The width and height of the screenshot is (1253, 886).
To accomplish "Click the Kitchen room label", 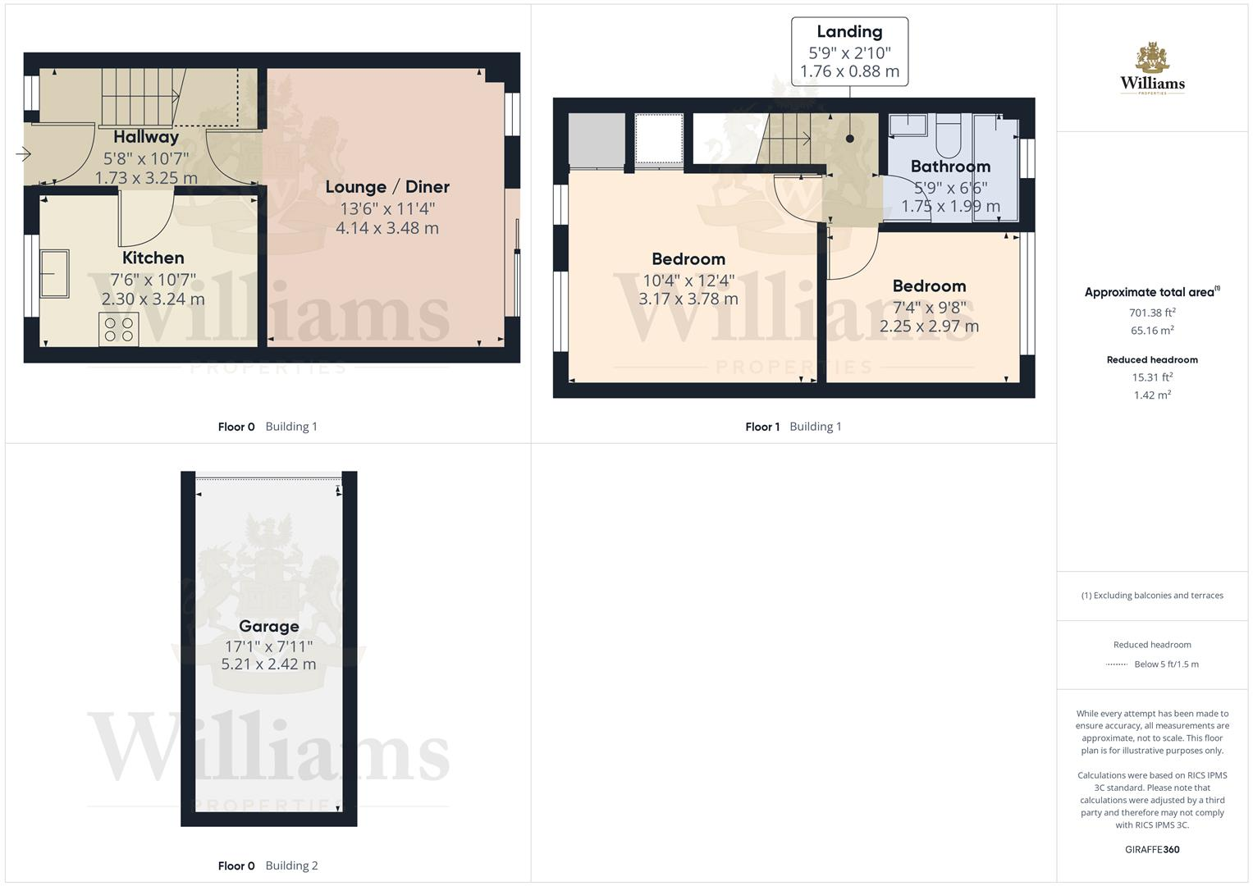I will coord(153,258).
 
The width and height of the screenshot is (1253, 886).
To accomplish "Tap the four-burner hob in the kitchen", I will coord(119,330).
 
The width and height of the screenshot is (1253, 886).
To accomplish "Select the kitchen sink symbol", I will coord(55,272).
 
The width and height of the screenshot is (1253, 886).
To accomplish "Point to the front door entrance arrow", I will coord(23,153).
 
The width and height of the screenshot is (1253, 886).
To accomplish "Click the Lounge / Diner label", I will coord(387,187).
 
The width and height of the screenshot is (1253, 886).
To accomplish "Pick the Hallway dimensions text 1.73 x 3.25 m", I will coord(146,178).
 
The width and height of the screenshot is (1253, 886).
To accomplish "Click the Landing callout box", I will coord(849,51).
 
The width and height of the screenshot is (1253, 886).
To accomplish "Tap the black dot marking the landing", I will coord(849,139).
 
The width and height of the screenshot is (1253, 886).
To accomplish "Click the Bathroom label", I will coord(950,167).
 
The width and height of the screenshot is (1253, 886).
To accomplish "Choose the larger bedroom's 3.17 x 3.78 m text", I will coord(688,299).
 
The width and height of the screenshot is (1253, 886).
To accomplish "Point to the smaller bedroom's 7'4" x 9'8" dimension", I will coord(929,308).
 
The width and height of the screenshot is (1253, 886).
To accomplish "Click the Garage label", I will coord(268,627).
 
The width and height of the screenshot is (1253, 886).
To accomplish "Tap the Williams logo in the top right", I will coord(1152,69).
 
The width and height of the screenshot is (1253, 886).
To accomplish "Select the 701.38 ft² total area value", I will coord(1152,313).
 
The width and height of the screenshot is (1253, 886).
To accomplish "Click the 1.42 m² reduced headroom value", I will coord(1152,395).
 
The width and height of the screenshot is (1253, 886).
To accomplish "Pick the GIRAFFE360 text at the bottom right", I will coord(1152,850).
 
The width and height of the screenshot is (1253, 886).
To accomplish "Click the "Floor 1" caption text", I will coord(762,427).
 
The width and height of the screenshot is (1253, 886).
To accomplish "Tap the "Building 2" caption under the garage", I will coord(291,865).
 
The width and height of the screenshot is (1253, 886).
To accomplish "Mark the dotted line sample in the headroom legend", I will coord(1116,664).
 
